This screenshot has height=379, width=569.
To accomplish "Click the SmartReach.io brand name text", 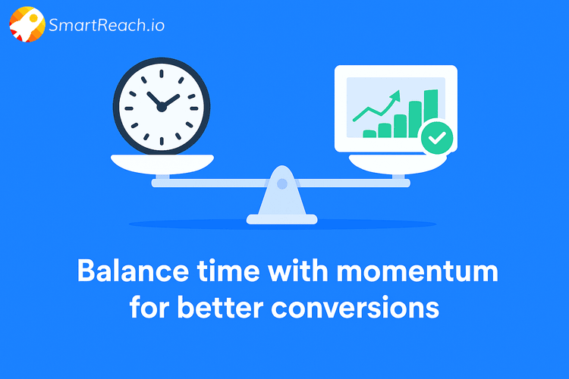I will (106, 25).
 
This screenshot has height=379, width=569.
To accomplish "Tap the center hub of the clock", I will (161, 107).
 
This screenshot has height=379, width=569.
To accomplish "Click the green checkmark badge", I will (437, 137).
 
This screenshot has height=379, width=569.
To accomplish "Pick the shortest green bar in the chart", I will (369, 133).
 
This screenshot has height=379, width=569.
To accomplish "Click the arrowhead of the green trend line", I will (395, 96).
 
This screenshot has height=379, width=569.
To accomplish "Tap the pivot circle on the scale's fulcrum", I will (282, 183).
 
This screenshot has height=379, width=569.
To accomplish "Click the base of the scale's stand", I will (282, 220).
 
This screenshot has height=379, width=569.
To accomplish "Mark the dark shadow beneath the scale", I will (282, 225).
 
